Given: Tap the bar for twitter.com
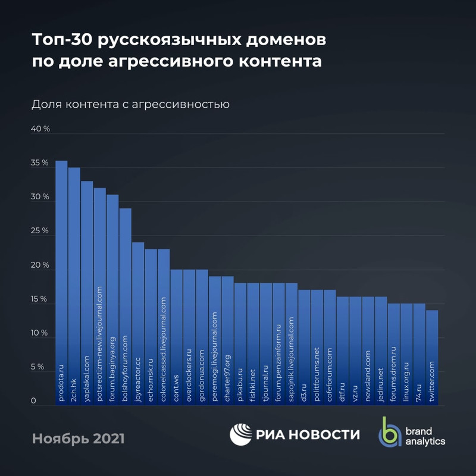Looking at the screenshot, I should [433, 357].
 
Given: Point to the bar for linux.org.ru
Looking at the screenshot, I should [407, 354].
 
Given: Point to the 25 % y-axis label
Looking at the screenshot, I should [40, 231].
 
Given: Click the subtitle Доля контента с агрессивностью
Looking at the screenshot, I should [130, 104].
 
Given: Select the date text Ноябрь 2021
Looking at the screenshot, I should [78, 439].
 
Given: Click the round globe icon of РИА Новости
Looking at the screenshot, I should [241, 434].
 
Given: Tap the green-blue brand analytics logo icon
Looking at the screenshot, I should [390, 431].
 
